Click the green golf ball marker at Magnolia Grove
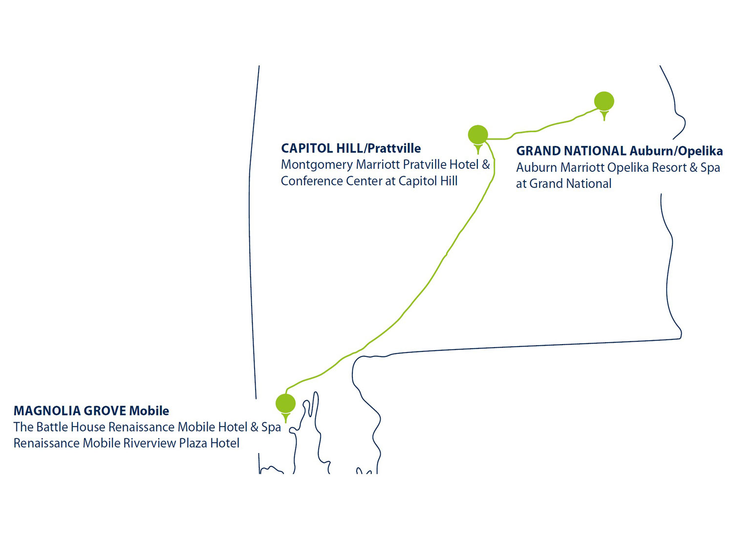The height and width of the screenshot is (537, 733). tap(285, 404)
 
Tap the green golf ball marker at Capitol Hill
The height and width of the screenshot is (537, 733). tap(478, 135)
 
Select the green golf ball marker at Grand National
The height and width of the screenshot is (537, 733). tap(604, 101)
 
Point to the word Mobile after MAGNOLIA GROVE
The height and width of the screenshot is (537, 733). tap(149, 411)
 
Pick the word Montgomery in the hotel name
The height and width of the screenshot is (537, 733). tap(316, 165)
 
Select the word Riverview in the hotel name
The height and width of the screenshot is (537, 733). tap(149, 443)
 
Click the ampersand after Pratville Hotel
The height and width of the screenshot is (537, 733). tap(486, 165)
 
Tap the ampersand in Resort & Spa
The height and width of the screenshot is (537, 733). tap(693, 167)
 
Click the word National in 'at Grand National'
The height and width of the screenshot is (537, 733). tap(590, 184)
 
